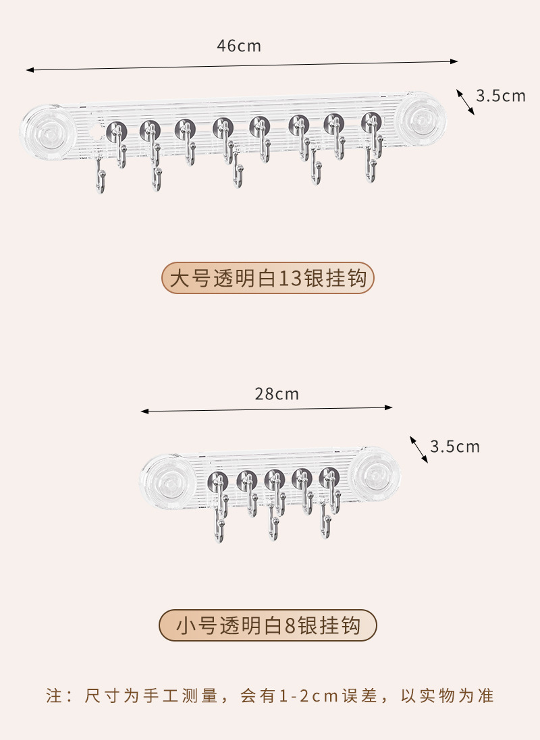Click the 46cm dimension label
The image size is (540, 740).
coord(238,46)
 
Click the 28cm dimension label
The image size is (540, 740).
coord(277,394)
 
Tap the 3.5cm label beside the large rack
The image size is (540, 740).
coord(500,96)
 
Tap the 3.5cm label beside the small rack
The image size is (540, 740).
coord(454,446)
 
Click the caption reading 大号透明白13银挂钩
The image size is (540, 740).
coord(268,278)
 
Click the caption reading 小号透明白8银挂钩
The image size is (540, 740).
coord(268,626)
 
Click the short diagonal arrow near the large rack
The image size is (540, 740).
coord(465,102)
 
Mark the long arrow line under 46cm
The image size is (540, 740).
coord(242,65)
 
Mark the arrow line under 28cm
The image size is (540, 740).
coord(267,409)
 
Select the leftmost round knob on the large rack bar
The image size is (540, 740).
coord(116,128)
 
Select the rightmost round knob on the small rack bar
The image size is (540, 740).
coord(328,476)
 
